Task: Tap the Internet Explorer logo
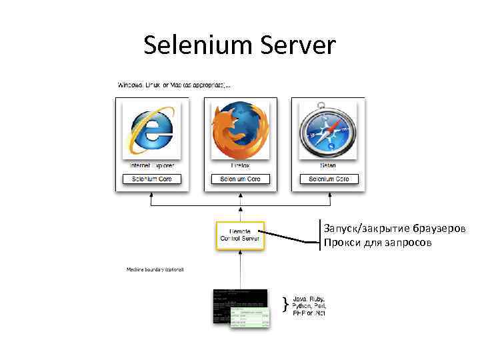click(x=152, y=130)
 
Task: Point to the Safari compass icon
click(x=329, y=129)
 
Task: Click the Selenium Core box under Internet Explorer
click(x=152, y=179)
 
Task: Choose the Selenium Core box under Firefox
click(x=240, y=179)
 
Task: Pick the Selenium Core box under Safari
click(x=329, y=179)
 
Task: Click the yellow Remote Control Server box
click(x=240, y=236)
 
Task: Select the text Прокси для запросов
click(x=378, y=243)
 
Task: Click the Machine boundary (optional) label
click(x=155, y=269)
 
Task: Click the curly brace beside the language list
click(x=285, y=305)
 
